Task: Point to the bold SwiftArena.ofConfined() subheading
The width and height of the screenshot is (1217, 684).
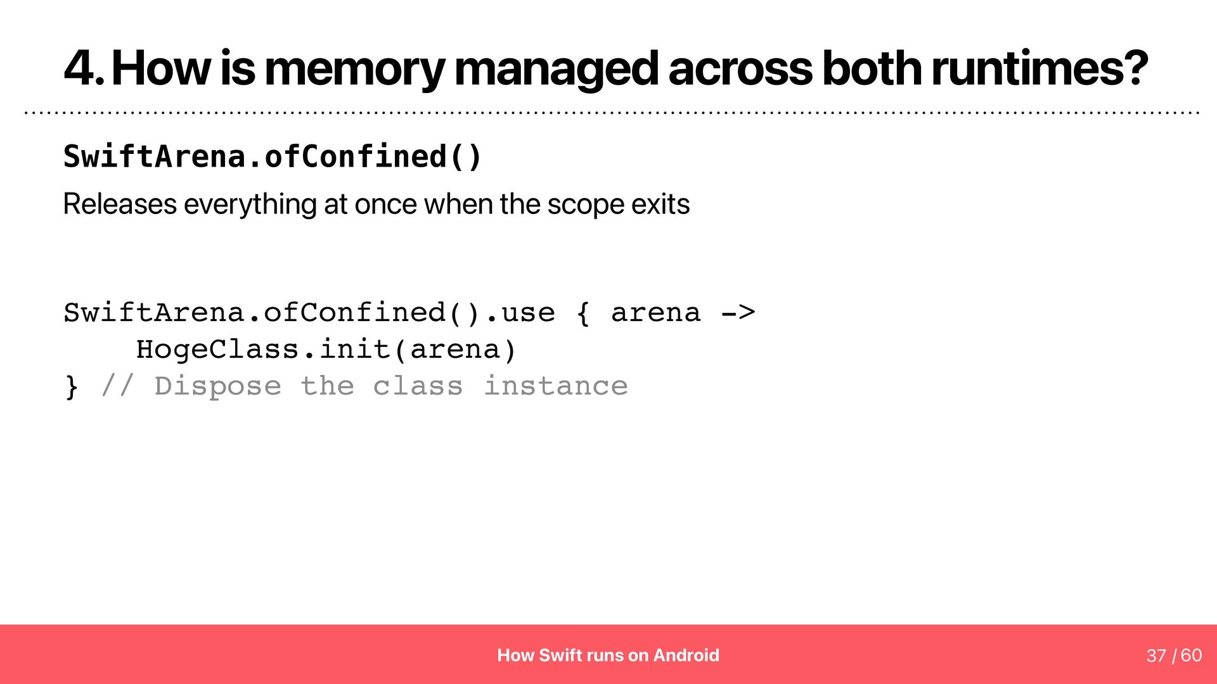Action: [x=273, y=156]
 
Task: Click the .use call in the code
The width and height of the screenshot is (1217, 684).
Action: [x=520, y=313]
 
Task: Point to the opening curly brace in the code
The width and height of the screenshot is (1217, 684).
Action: [x=584, y=313]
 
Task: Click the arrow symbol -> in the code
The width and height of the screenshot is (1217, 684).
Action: [x=738, y=313]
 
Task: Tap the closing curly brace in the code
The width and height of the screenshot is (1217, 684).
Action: [x=72, y=386]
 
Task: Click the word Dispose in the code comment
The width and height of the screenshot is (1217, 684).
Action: [x=217, y=386]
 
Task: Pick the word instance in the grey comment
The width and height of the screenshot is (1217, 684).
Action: [x=556, y=386]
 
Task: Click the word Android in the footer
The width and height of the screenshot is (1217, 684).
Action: [x=686, y=655]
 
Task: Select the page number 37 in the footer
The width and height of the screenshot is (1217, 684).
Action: [x=1156, y=655]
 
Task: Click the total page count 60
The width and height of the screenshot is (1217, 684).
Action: [x=1192, y=655]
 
